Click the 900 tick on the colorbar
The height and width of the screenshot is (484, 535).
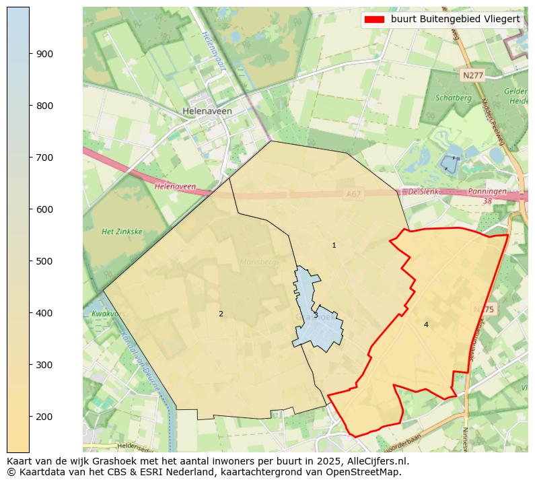click(x=30, y=54)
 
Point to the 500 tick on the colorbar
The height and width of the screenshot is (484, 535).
click(x=30, y=261)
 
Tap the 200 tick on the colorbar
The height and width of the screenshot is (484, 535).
click(x=30, y=417)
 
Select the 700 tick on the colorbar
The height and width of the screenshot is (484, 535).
click(x=30, y=158)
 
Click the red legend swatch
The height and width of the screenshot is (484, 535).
click(x=374, y=20)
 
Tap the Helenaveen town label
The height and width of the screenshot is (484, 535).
click(x=207, y=111)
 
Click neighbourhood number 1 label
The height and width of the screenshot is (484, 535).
click(x=334, y=246)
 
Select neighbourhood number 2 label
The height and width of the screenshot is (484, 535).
click(x=221, y=314)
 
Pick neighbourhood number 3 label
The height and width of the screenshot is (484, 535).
click(x=316, y=315)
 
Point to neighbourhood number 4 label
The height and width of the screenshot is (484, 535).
click(x=426, y=325)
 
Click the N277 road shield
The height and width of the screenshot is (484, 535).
click(x=472, y=75)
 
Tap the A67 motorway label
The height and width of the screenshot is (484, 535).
click(x=353, y=194)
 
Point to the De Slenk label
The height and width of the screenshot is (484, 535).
click(x=423, y=192)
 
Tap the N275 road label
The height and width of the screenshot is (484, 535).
click(x=483, y=310)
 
